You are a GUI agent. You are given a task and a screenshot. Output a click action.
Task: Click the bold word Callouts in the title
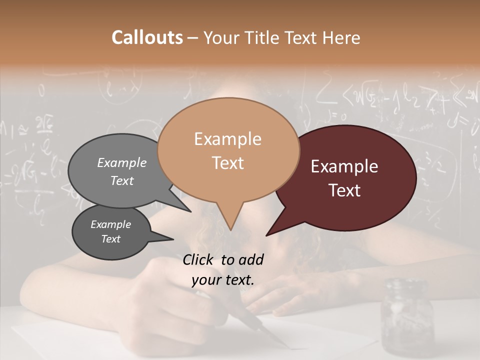147,37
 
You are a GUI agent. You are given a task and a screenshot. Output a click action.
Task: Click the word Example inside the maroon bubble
344,166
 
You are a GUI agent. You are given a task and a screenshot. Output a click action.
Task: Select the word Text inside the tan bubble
228,163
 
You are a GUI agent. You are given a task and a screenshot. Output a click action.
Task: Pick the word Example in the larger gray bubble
122,162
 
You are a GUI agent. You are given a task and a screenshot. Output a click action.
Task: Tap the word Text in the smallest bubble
111,239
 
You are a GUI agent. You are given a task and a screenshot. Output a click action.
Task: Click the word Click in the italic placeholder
199,259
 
